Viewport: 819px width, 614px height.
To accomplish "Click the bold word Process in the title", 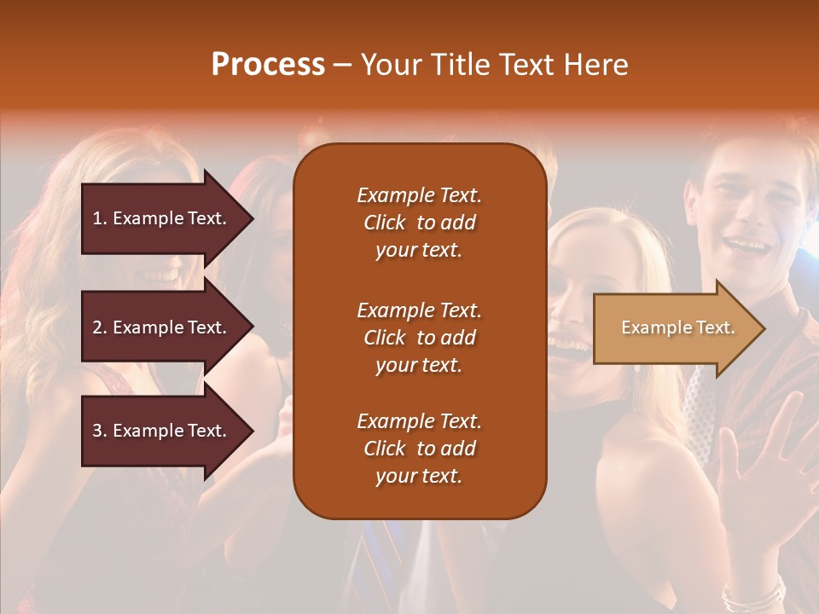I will tap(268, 65).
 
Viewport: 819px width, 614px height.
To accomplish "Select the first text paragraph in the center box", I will tap(419, 223).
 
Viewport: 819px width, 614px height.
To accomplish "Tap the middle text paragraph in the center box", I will tap(419, 338).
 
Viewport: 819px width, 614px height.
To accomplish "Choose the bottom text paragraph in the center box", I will tap(419, 449).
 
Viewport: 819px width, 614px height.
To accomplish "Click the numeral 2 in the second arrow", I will tap(97, 327).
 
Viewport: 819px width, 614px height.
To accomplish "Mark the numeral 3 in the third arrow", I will tap(97, 431).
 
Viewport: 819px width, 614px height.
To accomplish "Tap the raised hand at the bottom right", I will tap(764, 478).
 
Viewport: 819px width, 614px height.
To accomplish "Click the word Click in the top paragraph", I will tap(385, 223).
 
